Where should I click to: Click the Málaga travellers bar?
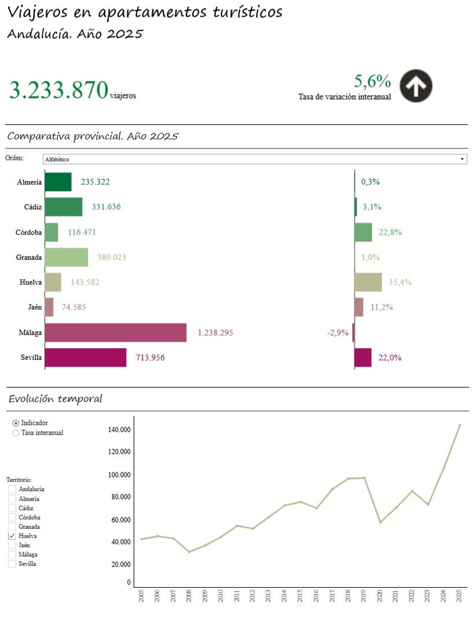tap(115, 332)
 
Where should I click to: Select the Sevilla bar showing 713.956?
tap(85, 357)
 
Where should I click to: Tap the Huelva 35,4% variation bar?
tap(368, 282)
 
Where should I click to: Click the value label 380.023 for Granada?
tap(112, 257)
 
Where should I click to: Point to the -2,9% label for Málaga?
tap(337, 332)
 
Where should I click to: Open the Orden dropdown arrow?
tap(462, 159)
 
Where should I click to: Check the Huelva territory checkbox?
tap(12, 536)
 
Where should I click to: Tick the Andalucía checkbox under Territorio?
tap(12, 489)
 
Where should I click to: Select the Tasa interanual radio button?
tap(16, 433)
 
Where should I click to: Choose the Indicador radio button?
tap(16, 423)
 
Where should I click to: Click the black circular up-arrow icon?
tap(416, 86)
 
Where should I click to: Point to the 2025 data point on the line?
tap(459, 425)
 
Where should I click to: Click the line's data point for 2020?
tap(380, 522)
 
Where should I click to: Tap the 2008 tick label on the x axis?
tap(189, 596)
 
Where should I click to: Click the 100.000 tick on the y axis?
tap(119, 475)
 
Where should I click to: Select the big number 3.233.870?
tap(59, 90)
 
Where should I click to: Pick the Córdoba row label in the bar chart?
tap(28, 232)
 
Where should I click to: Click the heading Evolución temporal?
tap(55, 399)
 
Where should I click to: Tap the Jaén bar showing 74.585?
tap(49, 307)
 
